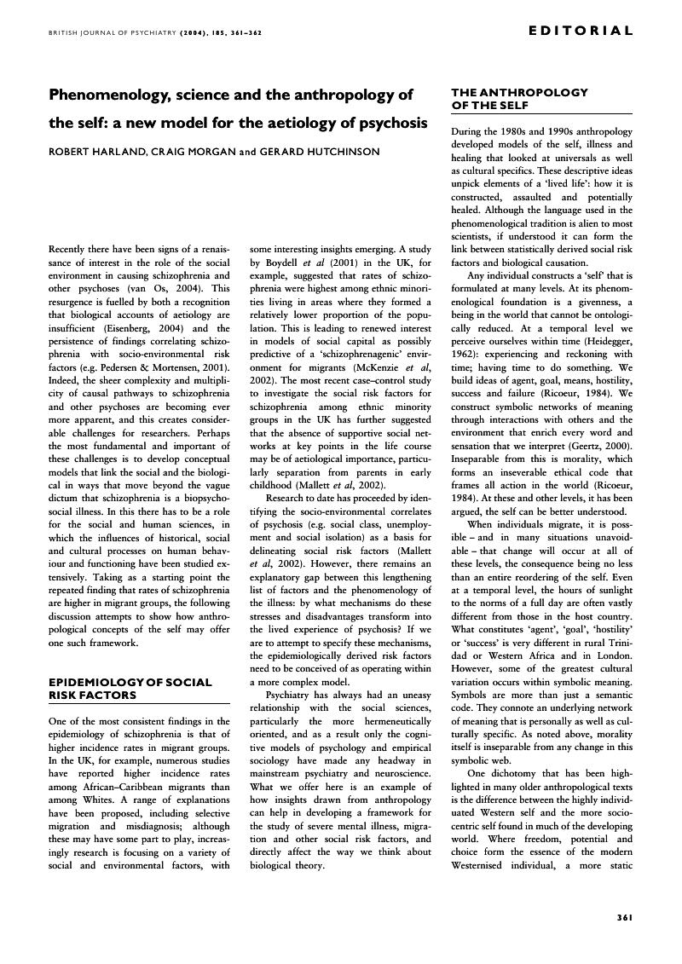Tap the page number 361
(623, 917)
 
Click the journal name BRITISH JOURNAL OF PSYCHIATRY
(96, 32)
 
